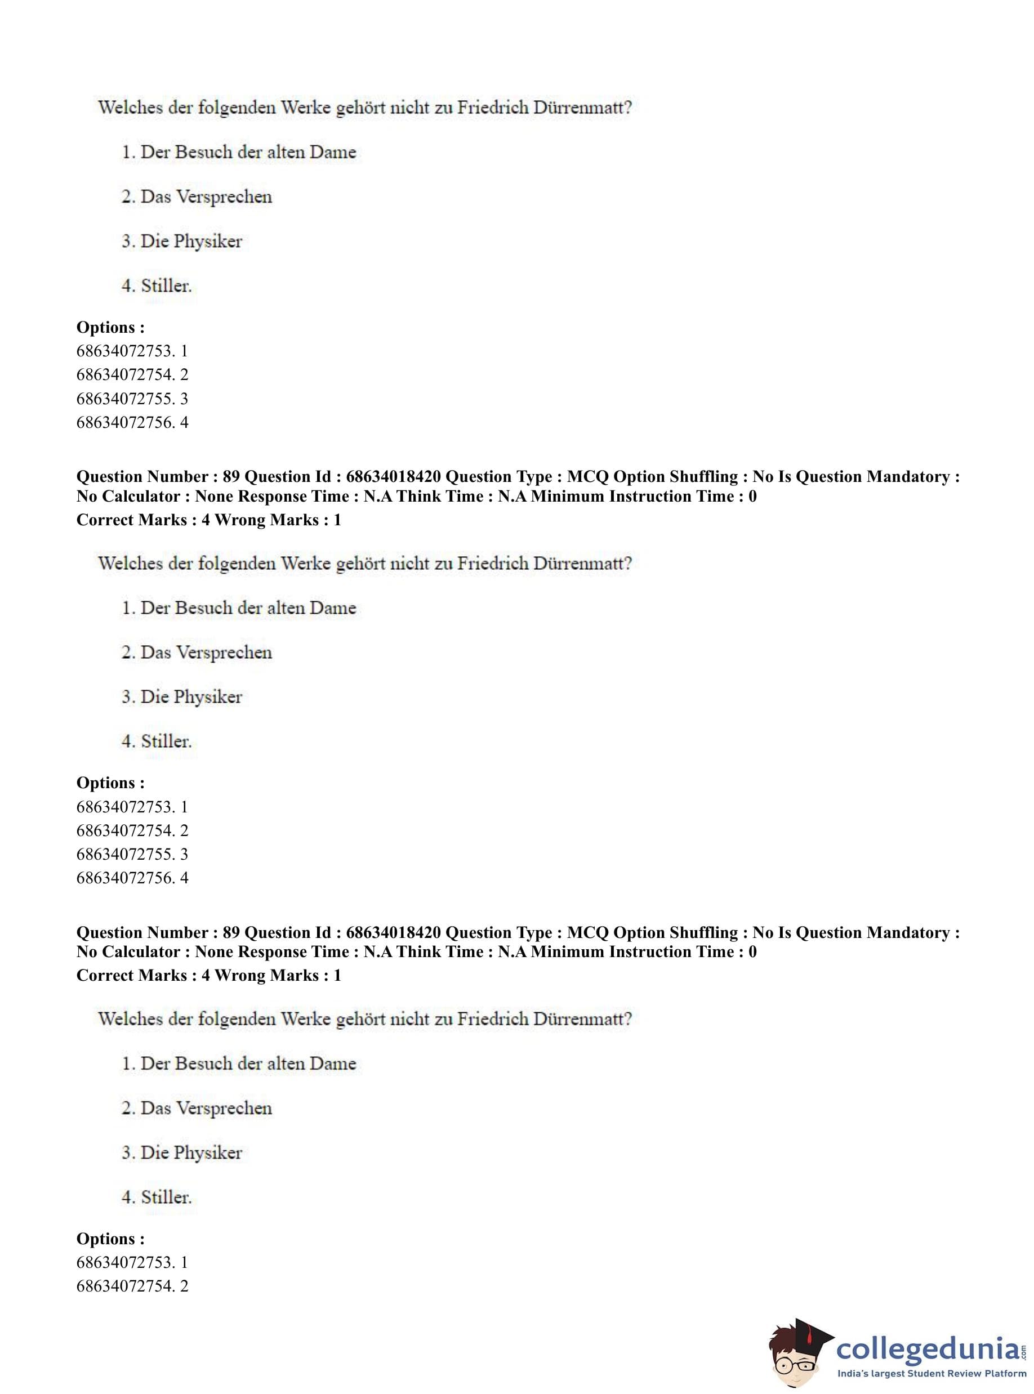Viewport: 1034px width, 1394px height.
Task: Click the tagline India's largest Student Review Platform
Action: pos(932,1373)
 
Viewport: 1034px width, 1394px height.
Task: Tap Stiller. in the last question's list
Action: pos(166,1197)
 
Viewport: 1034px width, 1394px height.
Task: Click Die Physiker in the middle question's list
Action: pos(191,697)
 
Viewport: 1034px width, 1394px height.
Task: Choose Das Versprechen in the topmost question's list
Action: pos(206,196)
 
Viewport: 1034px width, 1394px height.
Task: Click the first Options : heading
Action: pos(110,327)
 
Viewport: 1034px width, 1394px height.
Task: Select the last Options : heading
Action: pos(110,1238)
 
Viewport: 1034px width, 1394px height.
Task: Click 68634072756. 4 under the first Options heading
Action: pos(132,422)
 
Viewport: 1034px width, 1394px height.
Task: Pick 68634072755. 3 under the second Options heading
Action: pos(132,854)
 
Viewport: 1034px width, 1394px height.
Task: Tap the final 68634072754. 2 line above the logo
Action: pos(132,1286)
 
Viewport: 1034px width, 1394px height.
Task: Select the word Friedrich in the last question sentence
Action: pos(493,1018)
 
